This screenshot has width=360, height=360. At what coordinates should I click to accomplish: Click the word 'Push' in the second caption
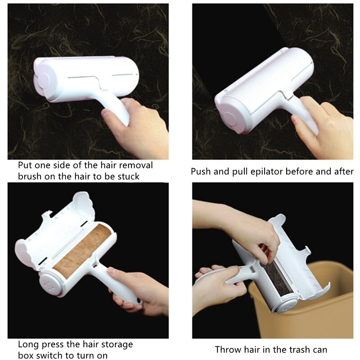(201, 171)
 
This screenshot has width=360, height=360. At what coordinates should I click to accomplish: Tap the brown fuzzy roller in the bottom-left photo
(83, 250)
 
